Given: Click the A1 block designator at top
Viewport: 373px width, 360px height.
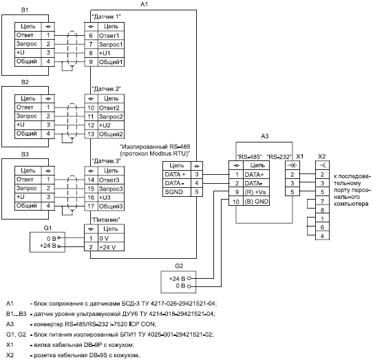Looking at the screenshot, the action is pyautogui.click(x=144, y=4).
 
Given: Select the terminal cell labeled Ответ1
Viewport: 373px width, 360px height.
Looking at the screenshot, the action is pyautogui.click(x=111, y=36).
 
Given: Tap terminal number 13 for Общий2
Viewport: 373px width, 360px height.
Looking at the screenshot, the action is pyautogui.click(x=91, y=134).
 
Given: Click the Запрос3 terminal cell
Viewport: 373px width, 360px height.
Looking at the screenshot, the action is pyautogui.click(x=111, y=189).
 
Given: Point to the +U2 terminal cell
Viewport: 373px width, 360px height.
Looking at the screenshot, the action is pyautogui.click(x=111, y=125).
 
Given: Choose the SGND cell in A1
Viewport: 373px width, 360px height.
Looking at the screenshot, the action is pyautogui.click(x=177, y=192).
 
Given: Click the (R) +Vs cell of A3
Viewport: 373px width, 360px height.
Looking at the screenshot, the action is pyautogui.click(x=256, y=192).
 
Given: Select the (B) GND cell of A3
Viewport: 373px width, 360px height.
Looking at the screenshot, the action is pyautogui.click(x=256, y=202).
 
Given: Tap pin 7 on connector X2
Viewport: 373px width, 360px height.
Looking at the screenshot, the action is pyautogui.click(x=322, y=201).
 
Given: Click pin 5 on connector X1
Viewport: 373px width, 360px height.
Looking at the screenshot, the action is pyautogui.click(x=292, y=192).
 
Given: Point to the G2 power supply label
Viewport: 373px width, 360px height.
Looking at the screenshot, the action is pyautogui.click(x=179, y=266).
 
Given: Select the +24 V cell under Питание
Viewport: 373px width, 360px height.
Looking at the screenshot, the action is pyautogui.click(x=111, y=247).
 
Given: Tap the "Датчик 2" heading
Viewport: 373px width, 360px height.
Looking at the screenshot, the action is pyautogui.click(x=107, y=89).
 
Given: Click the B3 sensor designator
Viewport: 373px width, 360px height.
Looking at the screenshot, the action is pyautogui.click(x=25, y=154).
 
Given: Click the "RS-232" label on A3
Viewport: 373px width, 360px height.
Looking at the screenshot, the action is pyautogui.click(x=279, y=157).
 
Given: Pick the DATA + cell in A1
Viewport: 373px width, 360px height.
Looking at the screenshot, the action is pyautogui.click(x=177, y=174).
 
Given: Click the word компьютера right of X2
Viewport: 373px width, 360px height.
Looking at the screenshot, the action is pyautogui.click(x=351, y=204).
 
